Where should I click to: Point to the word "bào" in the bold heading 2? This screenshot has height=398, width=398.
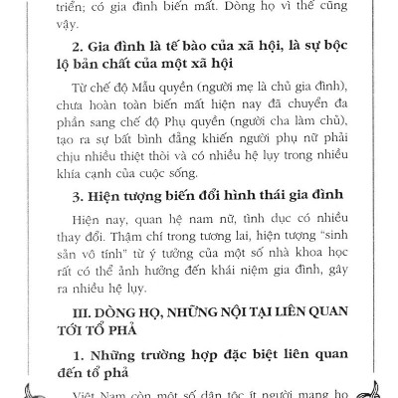click(193, 52)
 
